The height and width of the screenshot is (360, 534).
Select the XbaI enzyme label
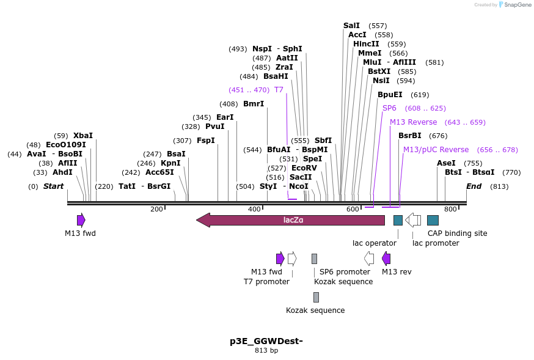(83, 136)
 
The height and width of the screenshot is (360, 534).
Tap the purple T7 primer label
(279, 90)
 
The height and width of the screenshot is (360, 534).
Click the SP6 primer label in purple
(389, 108)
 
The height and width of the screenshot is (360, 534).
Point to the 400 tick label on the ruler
(254, 210)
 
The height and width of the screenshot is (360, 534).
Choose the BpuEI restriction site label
(390, 95)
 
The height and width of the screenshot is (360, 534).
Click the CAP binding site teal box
(433, 220)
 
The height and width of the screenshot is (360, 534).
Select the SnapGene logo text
(516, 5)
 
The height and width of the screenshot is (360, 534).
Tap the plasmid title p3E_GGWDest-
(266, 341)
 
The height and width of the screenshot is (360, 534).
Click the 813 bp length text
(266, 351)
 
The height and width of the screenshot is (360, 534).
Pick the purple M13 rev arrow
(386, 259)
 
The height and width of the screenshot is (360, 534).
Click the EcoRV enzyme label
(304, 167)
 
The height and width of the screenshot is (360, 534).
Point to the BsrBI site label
(410, 136)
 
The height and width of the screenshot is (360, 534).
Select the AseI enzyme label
(446, 163)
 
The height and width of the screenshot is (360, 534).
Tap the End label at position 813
(474, 186)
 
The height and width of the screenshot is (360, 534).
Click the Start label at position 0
(53, 186)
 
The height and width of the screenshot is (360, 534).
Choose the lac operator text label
(375, 243)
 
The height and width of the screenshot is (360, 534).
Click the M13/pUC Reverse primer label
(436, 150)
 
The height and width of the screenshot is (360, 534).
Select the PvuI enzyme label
(215, 127)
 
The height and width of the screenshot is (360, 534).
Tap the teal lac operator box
(398, 220)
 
